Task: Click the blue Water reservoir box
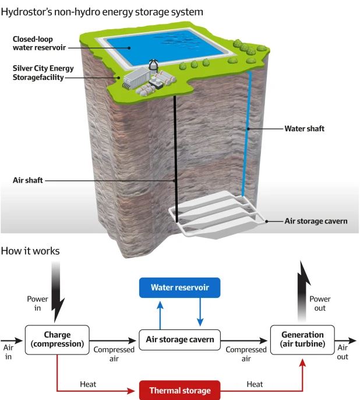click(x=179, y=287)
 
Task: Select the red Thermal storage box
click(x=179, y=390)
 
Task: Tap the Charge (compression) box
click(x=57, y=339)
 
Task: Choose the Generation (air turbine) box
click(x=302, y=339)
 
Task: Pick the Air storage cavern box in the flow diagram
click(x=180, y=339)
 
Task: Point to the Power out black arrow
click(x=303, y=292)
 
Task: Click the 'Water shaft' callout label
click(x=305, y=128)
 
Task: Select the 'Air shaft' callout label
click(x=28, y=180)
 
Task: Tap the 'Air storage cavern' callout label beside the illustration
click(x=316, y=222)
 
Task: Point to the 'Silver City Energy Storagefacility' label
click(x=37, y=72)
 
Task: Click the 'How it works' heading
click(x=30, y=251)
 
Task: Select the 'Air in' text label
click(x=8, y=352)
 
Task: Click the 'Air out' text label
click(x=343, y=352)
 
